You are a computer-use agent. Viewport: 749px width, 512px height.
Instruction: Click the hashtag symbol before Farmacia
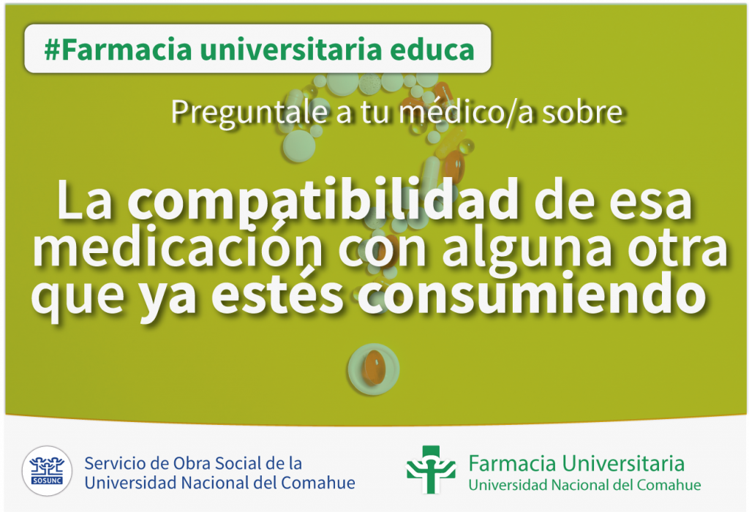[x=52, y=49]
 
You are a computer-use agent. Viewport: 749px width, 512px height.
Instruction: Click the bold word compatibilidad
[x=323, y=200]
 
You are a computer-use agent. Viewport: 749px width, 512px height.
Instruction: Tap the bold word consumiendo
[x=532, y=293]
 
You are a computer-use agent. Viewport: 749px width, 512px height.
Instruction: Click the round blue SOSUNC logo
[x=47, y=470]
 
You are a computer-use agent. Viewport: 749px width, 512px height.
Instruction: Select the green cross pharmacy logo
[x=430, y=469]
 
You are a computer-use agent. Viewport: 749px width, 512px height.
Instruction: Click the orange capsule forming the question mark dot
[x=374, y=367]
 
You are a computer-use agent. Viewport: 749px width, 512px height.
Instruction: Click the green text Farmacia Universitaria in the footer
[x=576, y=463]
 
